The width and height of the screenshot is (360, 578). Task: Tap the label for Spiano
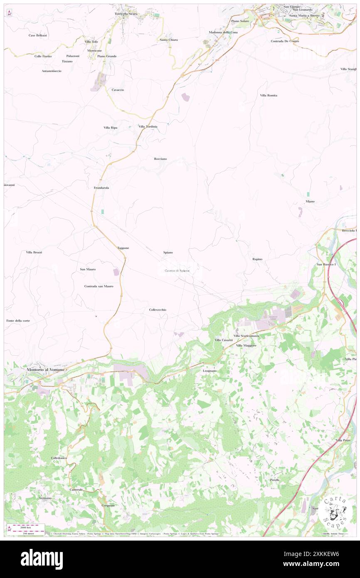[168, 252]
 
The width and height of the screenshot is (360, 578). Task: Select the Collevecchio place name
[158, 310]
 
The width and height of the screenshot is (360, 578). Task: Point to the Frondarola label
[101, 188]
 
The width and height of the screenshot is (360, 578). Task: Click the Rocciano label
[160, 159]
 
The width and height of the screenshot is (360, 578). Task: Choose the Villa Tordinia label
[148, 127]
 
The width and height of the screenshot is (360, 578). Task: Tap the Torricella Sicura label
[126, 14]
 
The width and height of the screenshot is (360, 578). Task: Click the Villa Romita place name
[269, 95]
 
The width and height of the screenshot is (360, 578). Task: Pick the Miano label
[310, 201]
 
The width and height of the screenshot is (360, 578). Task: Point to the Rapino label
[257, 259]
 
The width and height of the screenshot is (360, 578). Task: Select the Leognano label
[210, 371]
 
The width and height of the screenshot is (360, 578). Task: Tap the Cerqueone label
[108, 505]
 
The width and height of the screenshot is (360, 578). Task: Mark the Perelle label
[274, 480]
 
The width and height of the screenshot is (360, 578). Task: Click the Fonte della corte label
[18, 321]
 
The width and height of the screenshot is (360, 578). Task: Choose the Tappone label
[123, 248]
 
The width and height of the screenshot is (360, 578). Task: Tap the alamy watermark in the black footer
[42, 559]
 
